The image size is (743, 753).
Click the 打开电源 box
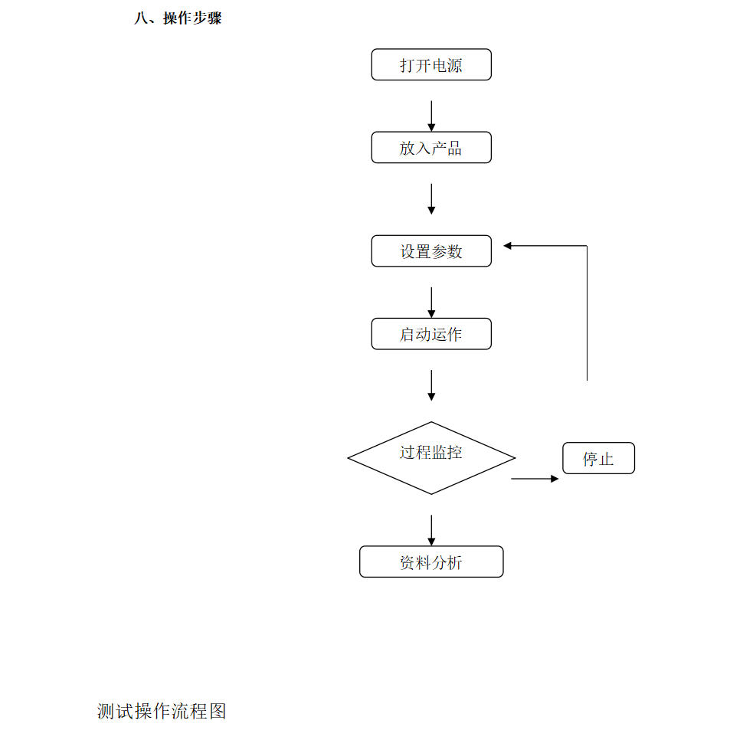431,64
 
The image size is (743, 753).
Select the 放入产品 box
431,147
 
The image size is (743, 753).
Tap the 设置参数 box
431,250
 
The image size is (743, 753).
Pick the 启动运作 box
431,334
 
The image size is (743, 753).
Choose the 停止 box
598,458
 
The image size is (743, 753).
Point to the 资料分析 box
431,561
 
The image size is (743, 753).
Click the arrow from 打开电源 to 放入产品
431,116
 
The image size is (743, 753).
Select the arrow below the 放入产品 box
431,199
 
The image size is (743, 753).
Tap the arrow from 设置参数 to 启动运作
431,303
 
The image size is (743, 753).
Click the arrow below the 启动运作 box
431,385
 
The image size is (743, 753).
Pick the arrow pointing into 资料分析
431,530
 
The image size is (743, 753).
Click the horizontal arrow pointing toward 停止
535,479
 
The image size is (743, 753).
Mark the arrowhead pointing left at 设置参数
507,246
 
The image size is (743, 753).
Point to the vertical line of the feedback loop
587,313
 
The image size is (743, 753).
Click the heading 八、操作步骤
178,18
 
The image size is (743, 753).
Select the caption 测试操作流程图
162,711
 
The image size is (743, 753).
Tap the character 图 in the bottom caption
218,711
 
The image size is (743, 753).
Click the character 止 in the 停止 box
606,459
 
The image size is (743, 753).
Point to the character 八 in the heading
141,18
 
